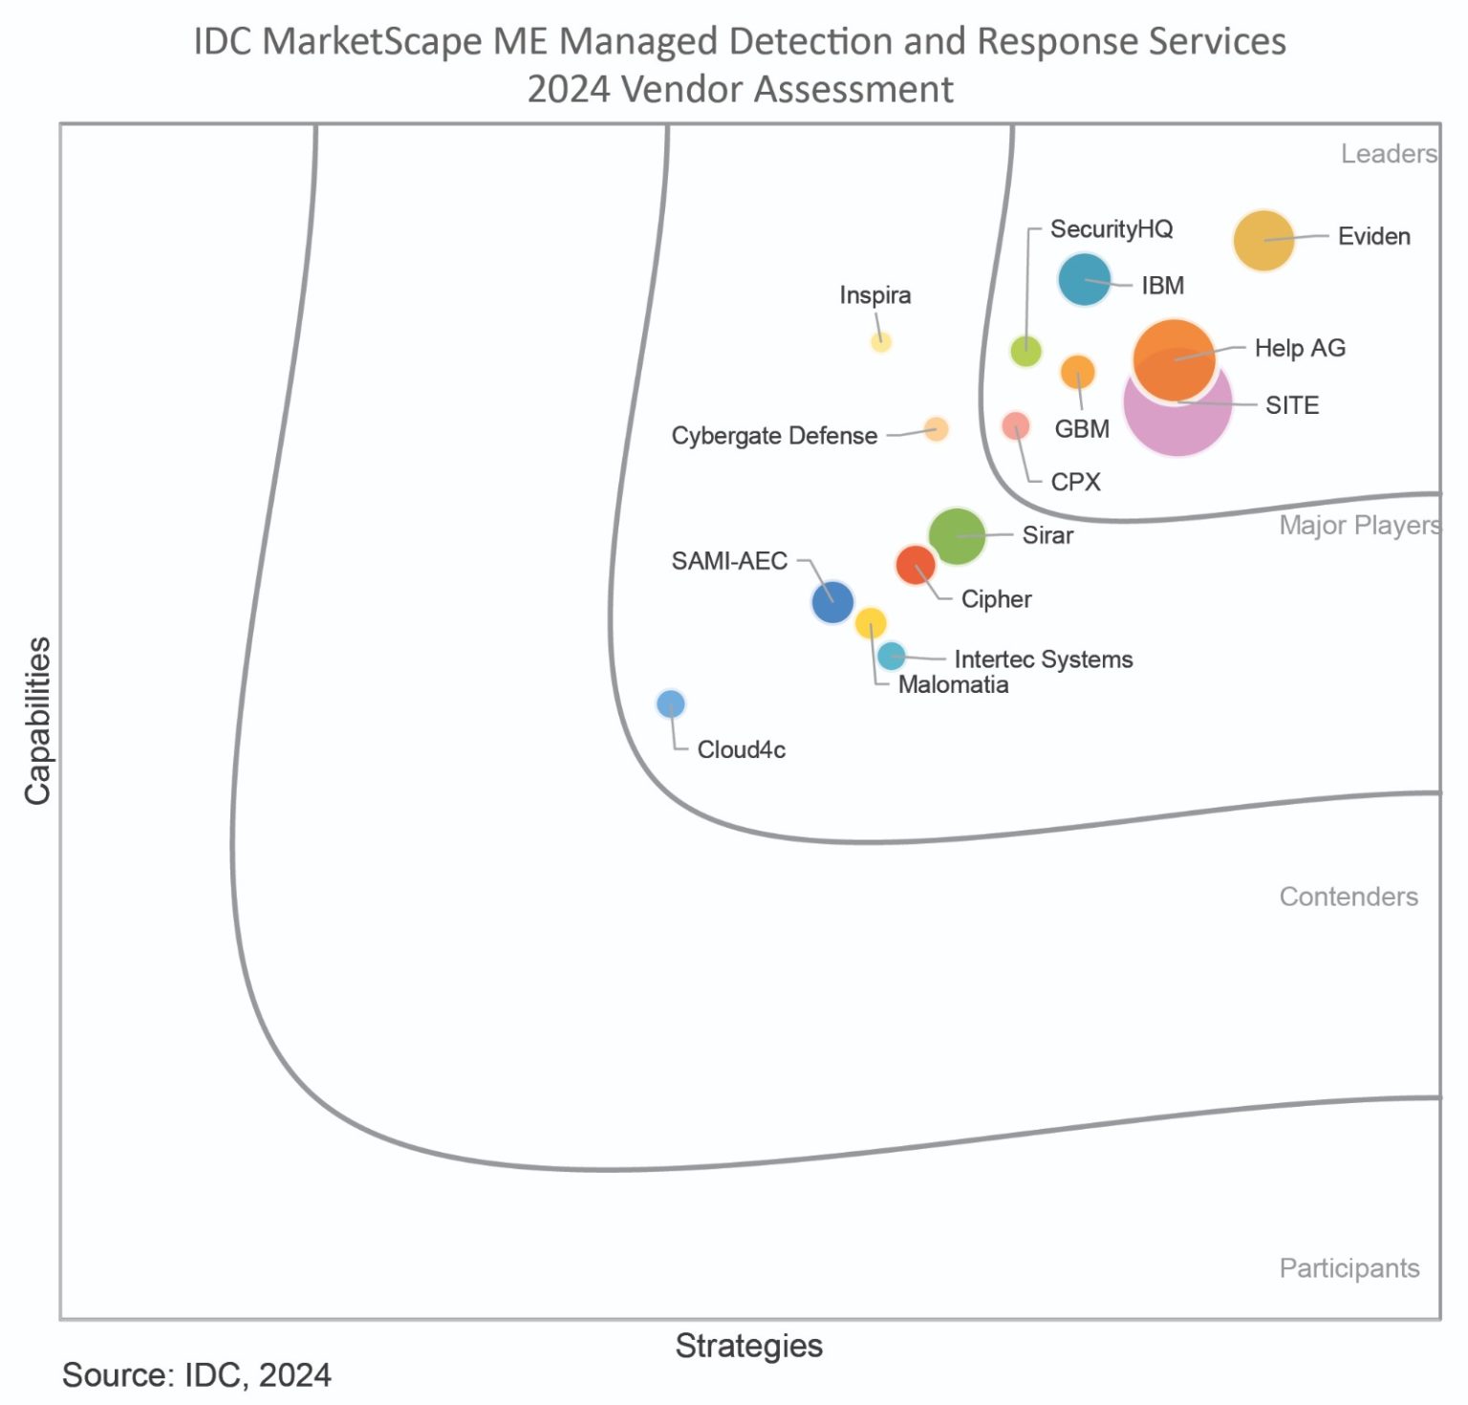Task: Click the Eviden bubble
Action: coord(1263,241)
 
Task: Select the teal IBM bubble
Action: coord(1084,280)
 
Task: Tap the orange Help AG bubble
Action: coord(1174,359)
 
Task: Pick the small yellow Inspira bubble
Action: coord(880,342)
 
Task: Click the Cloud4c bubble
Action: coord(671,704)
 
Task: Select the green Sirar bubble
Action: coord(957,536)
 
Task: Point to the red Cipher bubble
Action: coord(916,565)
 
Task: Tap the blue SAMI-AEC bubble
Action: coord(831,602)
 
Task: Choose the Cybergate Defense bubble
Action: coord(936,429)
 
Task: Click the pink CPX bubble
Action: coord(1015,425)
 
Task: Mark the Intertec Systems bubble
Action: coord(891,656)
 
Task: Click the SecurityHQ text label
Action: coord(1111,229)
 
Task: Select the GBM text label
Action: coord(1081,429)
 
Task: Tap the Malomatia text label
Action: coord(953,685)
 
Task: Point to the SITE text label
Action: coord(1291,405)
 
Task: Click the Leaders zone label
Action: coord(1388,154)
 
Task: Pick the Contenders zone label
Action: coord(1348,897)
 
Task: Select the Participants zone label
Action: coord(1349,1268)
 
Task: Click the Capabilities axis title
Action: coord(38,722)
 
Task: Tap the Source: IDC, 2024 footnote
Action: coord(197,1375)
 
